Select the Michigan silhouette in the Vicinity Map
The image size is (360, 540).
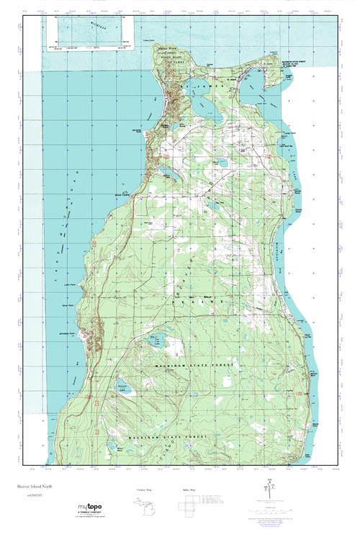[146, 503]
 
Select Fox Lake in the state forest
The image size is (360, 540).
[154, 342]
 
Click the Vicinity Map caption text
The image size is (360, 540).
[146, 490]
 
